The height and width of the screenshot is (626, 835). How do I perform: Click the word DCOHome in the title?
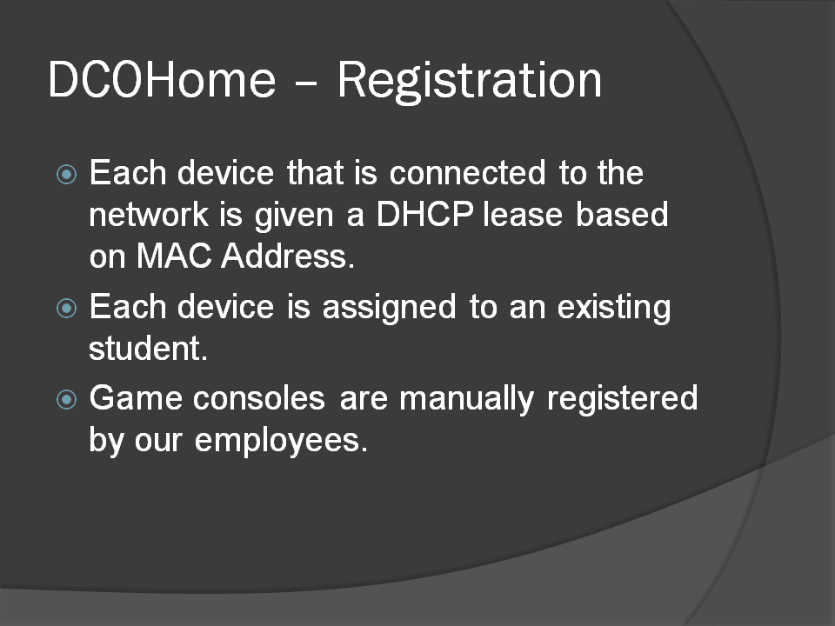(x=163, y=79)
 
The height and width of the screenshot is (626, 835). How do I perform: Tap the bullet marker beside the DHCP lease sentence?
(x=67, y=174)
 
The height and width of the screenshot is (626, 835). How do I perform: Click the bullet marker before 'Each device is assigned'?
(x=67, y=308)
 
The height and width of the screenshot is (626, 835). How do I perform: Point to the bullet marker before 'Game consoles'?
(x=67, y=400)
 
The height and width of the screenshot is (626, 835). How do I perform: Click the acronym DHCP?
(x=425, y=215)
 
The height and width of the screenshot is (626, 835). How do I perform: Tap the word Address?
(x=288, y=256)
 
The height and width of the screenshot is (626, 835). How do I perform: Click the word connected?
(x=468, y=173)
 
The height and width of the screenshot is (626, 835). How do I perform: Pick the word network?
(x=149, y=215)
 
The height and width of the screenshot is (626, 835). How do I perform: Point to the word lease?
(x=523, y=215)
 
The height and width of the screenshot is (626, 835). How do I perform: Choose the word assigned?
(x=390, y=308)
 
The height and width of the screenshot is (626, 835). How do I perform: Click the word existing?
(x=614, y=308)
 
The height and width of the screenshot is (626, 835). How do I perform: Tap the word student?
(x=148, y=349)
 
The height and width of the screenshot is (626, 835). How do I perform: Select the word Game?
(x=136, y=399)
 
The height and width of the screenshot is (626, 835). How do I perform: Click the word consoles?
(x=259, y=399)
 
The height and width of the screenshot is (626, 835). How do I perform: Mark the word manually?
(x=466, y=400)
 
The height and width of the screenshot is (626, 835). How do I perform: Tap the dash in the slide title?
(x=306, y=83)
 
